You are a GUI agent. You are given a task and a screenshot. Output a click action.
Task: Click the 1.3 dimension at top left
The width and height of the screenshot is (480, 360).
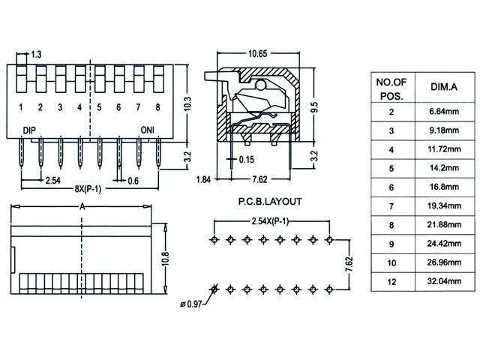36,55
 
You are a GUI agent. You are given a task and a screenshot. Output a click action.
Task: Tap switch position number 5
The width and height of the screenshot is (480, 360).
99,108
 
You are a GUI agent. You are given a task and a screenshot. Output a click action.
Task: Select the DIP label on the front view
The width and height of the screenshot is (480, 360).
29,130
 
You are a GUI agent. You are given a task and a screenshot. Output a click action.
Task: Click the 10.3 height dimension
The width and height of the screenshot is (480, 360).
188,103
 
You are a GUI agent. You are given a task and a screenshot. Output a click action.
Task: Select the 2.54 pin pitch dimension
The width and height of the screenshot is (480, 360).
52,181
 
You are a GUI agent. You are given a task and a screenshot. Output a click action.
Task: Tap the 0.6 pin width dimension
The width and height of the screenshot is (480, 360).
133,181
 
